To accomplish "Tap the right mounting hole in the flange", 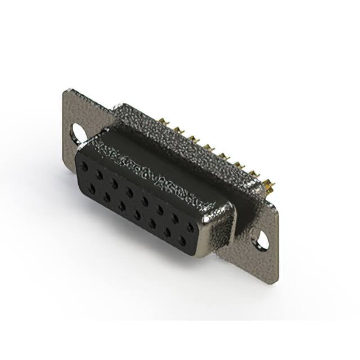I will pos(262,241).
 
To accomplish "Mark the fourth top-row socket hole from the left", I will pos(130,192).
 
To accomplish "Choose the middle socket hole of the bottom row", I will pos(137,215).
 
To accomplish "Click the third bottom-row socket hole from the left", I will pos(121,207).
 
